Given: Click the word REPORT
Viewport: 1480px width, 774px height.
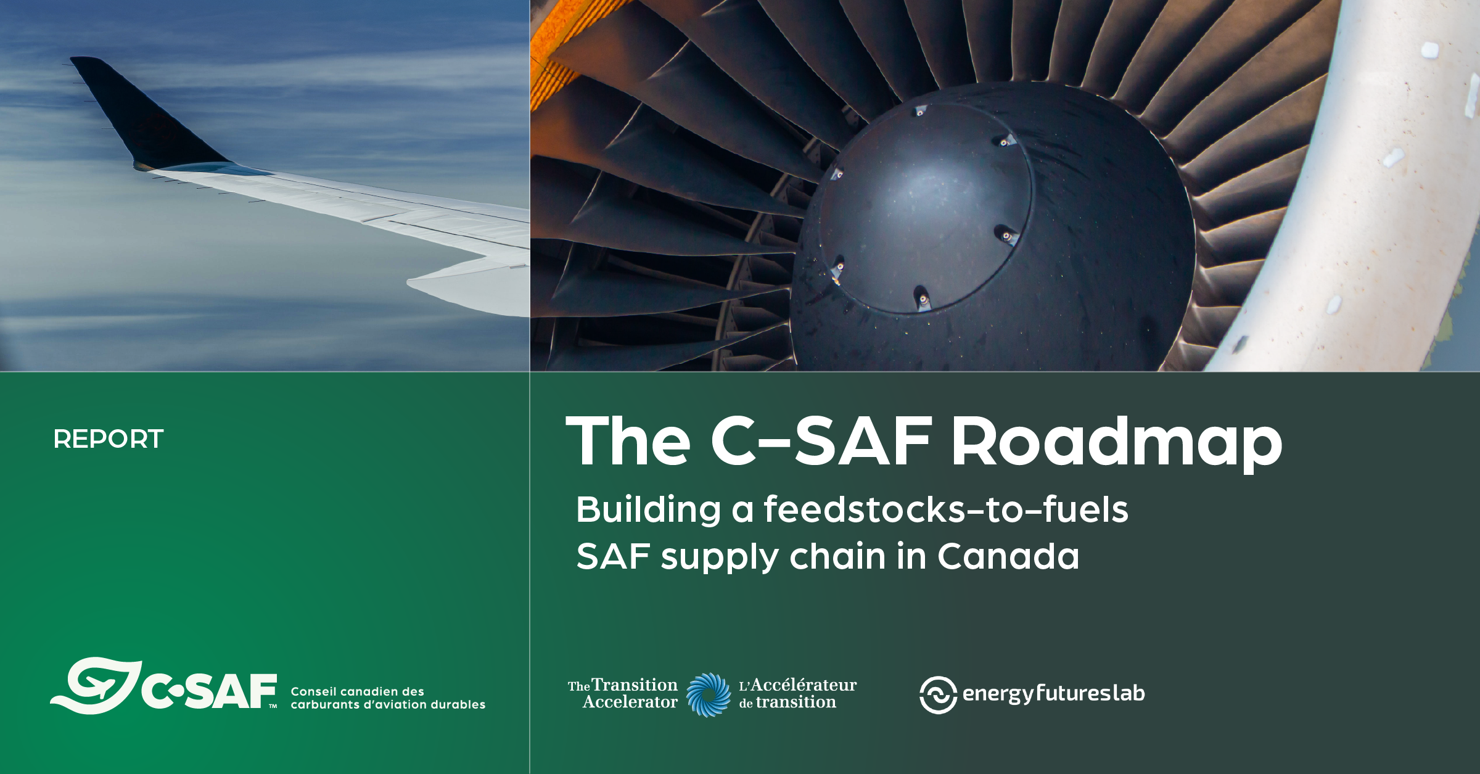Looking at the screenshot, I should click(x=109, y=439).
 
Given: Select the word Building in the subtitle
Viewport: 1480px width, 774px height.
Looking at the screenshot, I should click(x=648, y=510).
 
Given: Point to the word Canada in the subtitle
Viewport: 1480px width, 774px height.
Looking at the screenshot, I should click(x=1008, y=556).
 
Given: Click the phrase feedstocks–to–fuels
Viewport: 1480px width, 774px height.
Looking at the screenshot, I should click(x=946, y=510).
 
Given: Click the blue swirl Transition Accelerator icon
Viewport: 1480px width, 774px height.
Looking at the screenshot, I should click(x=708, y=694).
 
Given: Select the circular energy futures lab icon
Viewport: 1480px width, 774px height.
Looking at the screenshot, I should click(x=938, y=694).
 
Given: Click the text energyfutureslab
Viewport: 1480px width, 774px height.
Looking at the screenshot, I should click(x=1053, y=693).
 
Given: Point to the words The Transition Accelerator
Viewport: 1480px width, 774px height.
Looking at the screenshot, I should click(x=623, y=694).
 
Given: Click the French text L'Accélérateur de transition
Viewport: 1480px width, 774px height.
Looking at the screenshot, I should click(x=797, y=694).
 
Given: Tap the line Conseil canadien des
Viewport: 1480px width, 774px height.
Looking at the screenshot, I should click(x=357, y=691).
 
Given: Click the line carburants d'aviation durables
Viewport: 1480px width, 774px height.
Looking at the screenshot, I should click(x=388, y=704).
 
